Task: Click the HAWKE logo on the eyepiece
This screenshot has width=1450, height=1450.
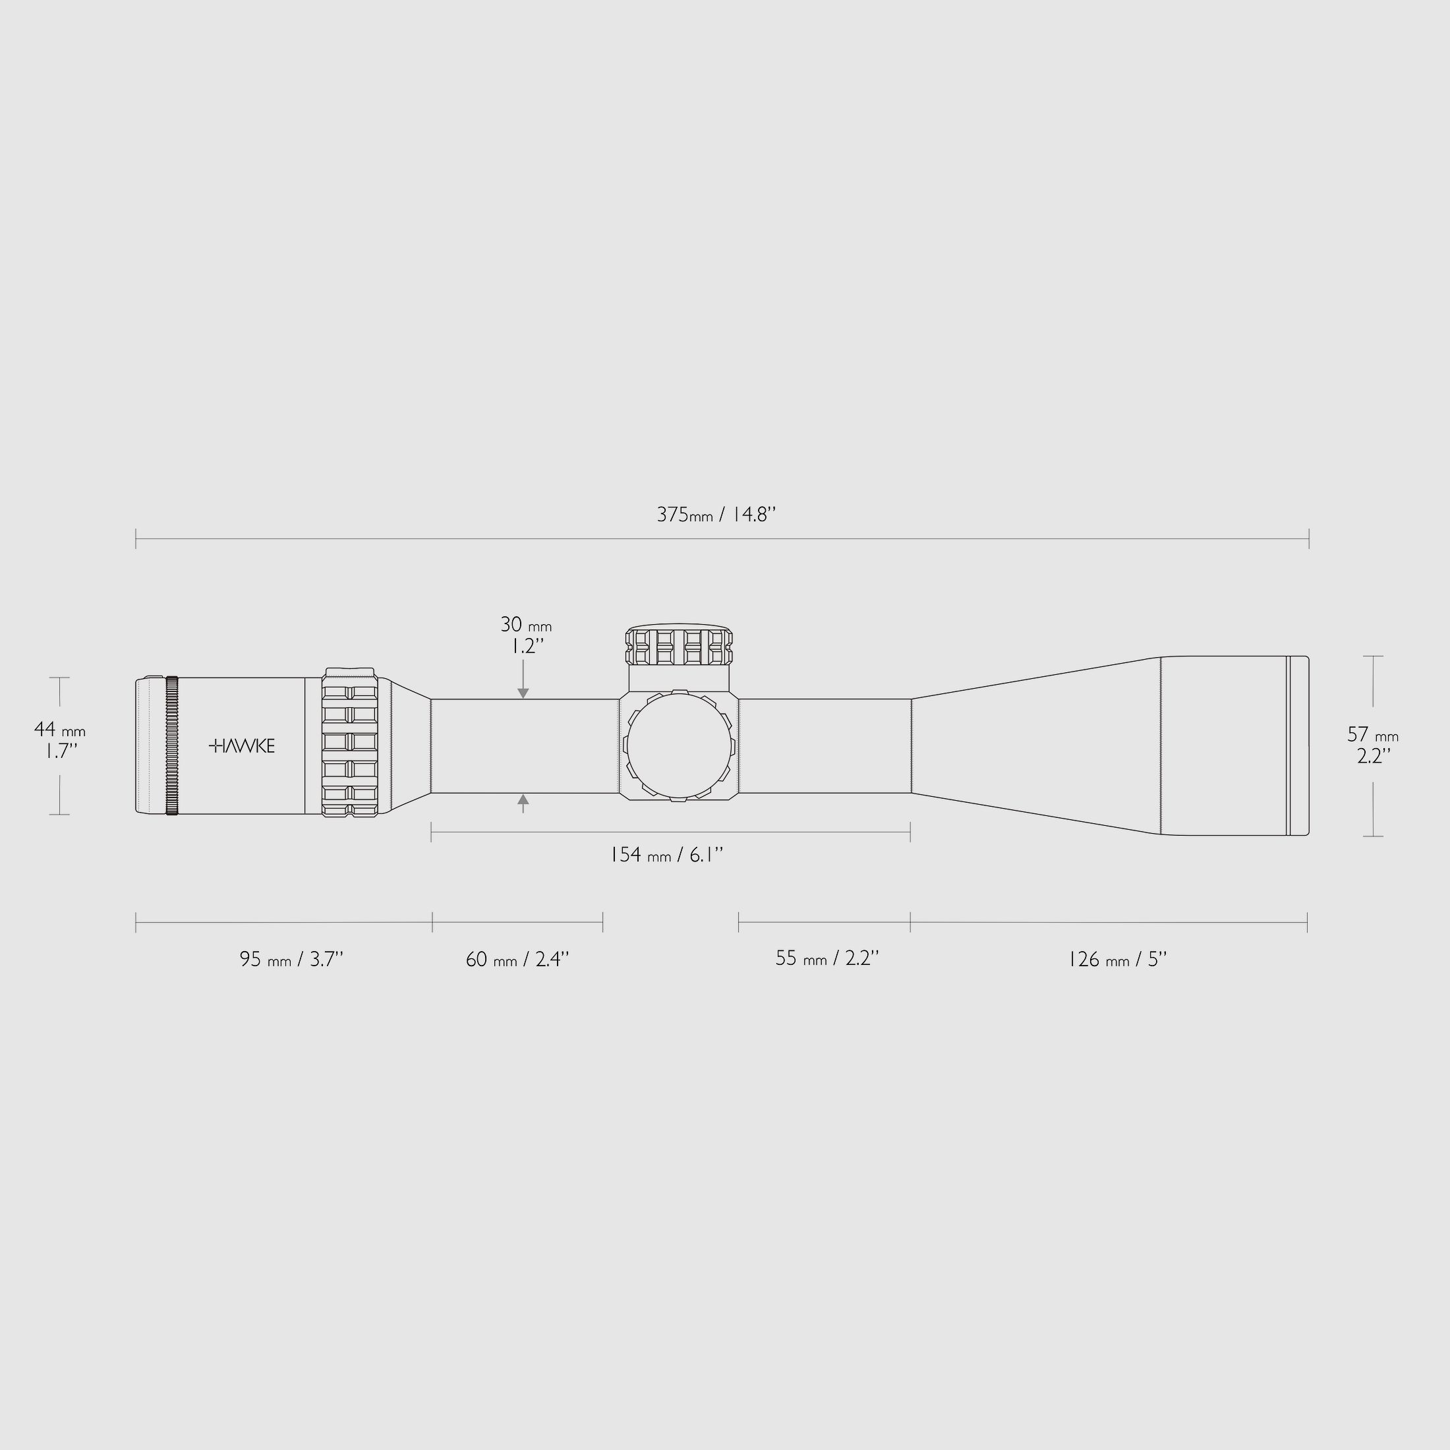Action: [242, 745]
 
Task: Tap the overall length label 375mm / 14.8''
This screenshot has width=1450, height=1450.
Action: [716, 515]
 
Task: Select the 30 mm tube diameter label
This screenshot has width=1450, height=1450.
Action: [525, 624]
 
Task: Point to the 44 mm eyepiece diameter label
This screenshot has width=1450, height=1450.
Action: [59, 729]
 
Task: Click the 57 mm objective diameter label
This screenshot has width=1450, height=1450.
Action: [1373, 734]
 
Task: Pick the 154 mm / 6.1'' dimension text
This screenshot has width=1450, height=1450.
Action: [666, 854]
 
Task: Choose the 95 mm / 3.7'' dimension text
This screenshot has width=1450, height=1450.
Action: [291, 959]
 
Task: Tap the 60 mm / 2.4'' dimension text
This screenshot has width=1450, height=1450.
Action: [517, 959]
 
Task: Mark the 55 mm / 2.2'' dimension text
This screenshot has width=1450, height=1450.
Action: [827, 958]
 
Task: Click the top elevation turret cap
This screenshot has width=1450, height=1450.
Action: [680, 646]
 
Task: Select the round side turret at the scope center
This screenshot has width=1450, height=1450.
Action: [680, 745]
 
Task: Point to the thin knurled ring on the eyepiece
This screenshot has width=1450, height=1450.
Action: [172, 745]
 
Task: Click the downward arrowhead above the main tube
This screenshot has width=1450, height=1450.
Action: [523, 693]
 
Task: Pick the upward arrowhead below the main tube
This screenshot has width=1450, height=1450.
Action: [523, 799]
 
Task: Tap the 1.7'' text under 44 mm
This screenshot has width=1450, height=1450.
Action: [58, 751]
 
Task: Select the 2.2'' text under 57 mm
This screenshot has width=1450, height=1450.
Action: [1374, 756]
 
